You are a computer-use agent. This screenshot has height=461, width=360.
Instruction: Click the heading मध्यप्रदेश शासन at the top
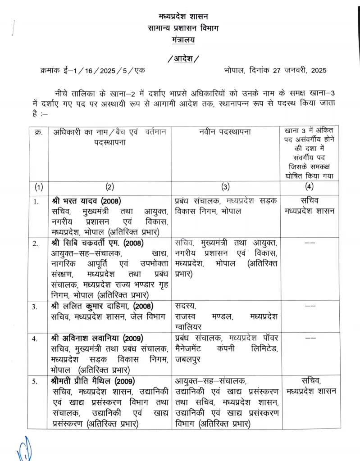183,17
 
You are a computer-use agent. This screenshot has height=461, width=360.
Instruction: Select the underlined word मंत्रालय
183,41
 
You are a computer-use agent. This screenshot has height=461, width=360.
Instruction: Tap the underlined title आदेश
182,59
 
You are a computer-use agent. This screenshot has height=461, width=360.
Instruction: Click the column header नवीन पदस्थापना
225,132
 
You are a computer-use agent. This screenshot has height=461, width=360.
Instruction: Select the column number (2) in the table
109,186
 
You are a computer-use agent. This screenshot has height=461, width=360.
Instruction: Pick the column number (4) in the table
309,186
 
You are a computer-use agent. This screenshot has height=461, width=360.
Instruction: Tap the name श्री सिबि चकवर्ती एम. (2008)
97,243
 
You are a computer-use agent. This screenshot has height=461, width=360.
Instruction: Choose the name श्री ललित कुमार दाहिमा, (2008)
102,306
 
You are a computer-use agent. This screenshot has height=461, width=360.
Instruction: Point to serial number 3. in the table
36,307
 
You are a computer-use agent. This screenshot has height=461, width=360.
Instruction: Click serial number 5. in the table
36,382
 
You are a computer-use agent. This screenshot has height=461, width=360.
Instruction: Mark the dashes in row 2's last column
310,244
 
